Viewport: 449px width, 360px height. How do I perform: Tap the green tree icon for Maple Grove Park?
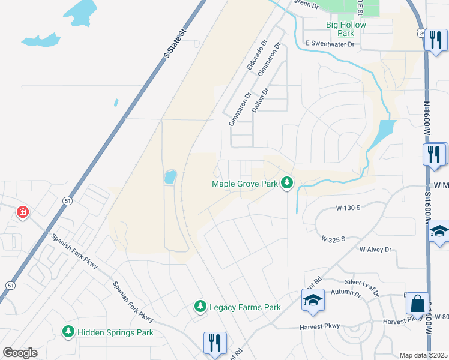click(288, 182)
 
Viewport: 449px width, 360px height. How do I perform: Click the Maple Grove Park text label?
click(245, 184)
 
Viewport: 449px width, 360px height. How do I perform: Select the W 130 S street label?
click(348, 208)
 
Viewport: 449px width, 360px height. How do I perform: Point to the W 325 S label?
click(333, 239)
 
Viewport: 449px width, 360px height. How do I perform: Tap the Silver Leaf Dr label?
click(362, 286)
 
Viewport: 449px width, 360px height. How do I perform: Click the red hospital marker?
click(23, 212)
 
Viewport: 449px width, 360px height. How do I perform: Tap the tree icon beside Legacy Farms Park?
click(200, 307)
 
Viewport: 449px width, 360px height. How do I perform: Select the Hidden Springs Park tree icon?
click(68, 332)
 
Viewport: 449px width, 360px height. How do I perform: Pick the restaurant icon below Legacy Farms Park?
click(214, 343)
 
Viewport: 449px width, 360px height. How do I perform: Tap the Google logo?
click(20, 353)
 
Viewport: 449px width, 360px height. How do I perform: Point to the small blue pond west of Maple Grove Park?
click(169, 176)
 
